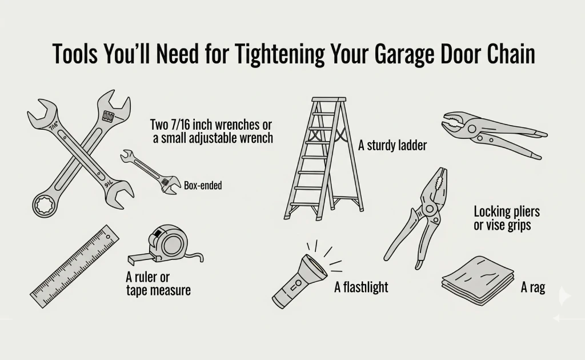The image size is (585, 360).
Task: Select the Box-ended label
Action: tap(203, 186)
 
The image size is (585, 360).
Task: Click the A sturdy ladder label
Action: tap(392, 146)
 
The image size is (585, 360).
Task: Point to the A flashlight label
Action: tap(361, 287)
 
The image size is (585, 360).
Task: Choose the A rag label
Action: tap(532, 287)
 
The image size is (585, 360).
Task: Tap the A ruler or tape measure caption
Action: tap(158, 284)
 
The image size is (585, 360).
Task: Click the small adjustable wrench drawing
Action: tap(150, 171)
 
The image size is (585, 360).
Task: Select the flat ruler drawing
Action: tap(75, 267)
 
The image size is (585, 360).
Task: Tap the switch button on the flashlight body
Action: tap(297, 283)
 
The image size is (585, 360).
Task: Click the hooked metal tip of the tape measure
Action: tap(132, 260)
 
